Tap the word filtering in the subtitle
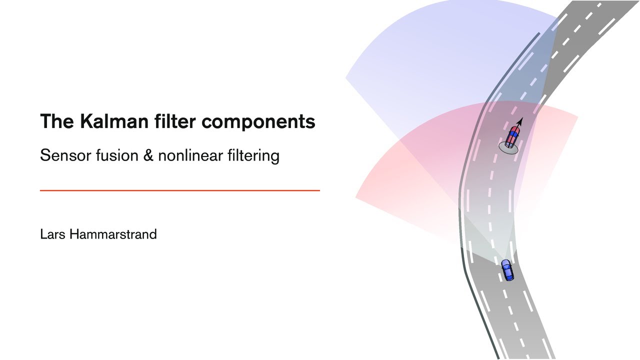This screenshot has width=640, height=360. click(x=255, y=156)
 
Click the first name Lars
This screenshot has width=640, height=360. click(x=52, y=234)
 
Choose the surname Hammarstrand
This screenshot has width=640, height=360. click(x=113, y=234)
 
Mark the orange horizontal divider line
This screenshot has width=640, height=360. click(x=179, y=190)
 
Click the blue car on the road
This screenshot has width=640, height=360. click(x=507, y=270)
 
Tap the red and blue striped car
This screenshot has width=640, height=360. click(x=512, y=136)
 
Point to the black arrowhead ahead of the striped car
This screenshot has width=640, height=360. click(x=520, y=120)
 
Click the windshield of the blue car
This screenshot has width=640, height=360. click(x=505, y=265)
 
